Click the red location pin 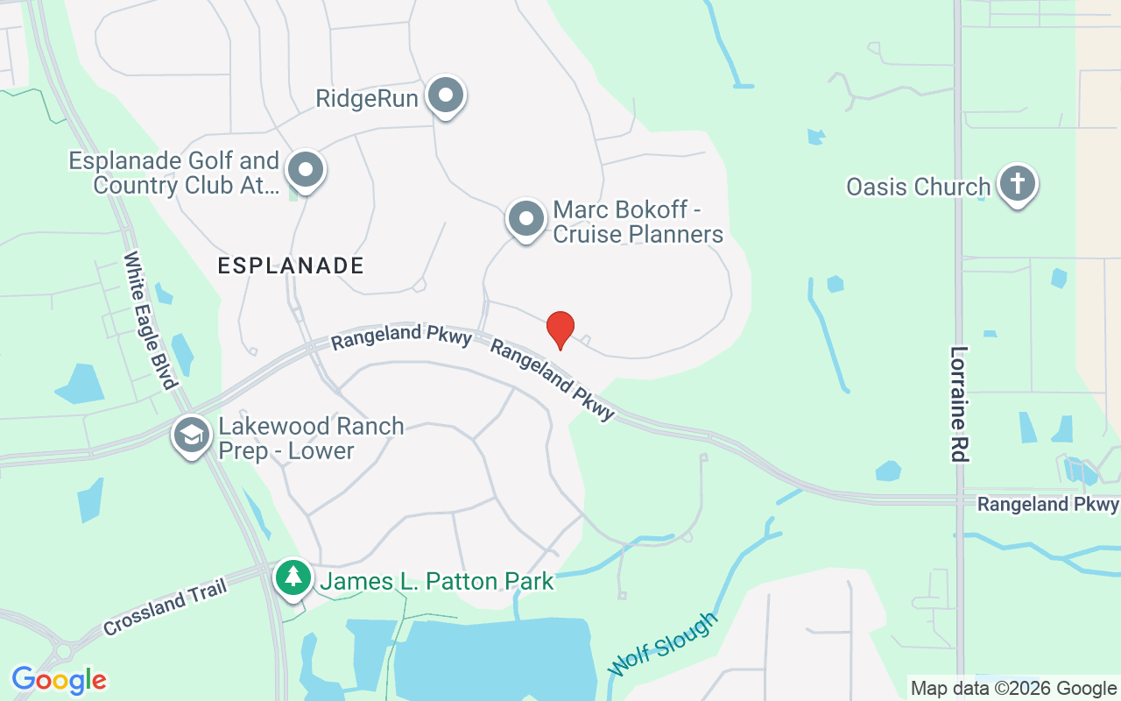click(x=560, y=329)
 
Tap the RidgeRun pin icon click(x=446, y=95)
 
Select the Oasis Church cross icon click(x=1017, y=183)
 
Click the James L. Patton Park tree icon click(x=293, y=578)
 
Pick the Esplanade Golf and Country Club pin click(x=306, y=170)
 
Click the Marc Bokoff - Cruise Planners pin click(x=526, y=219)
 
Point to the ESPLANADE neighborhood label click(x=291, y=266)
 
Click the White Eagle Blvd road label click(x=151, y=320)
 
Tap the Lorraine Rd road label click(x=959, y=403)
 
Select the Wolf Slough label click(x=663, y=645)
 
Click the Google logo click(x=59, y=680)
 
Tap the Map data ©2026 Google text click(x=1013, y=689)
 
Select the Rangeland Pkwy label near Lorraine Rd click(x=1047, y=505)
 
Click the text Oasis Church click(x=918, y=187)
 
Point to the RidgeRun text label click(x=367, y=98)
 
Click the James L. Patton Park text click(x=437, y=581)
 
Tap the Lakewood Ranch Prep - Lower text click(x=310, y=439)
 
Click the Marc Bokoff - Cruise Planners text click(x=638, y=223)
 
